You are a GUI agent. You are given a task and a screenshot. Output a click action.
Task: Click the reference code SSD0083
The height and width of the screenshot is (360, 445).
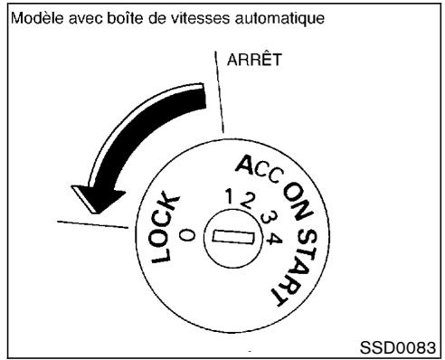pos(404,348)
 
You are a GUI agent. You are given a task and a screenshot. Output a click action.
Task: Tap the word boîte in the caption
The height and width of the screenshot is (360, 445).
pos(107,17)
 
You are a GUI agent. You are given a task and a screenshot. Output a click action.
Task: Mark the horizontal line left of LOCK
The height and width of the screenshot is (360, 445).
pos(90,220)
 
